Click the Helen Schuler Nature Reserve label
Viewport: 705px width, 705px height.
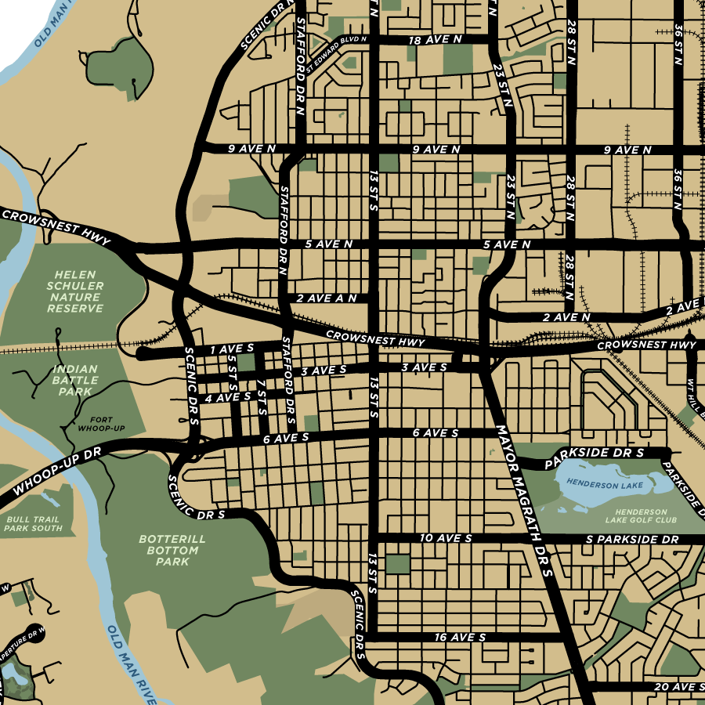[74, 291]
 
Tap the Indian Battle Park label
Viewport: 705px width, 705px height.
[76, 380]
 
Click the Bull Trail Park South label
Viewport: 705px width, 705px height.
[33, 524]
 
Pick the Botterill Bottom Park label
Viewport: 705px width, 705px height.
[172, 550]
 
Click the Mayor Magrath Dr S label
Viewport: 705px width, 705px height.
[525, 501]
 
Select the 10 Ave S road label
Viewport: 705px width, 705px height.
[446, 539]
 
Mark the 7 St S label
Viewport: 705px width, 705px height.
[262, 396]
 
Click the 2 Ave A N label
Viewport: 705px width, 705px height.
[327, 298]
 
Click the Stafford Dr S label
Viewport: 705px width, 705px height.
[287, 375]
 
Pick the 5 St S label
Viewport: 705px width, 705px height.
[233, 374]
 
